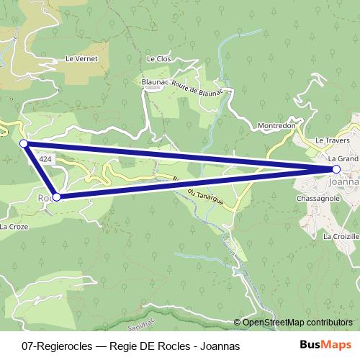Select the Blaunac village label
pyautogui.click(x=155, y=83)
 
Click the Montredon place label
pyautogui.click(x=277, y=125)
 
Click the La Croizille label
pyautogui.click(x=341, y=236)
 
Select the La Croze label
pyautogui.click(x=14, y=226)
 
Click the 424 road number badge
pyautogui.click(x=45, y=158)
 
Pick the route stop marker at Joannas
pyautogui.click(x=336, y=169)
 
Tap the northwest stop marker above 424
pyautogui.click(x=24, y=144)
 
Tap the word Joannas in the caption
pyautogui.click(x=220, y=346)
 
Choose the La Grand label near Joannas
pyautogui.click(x=343, y=158)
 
